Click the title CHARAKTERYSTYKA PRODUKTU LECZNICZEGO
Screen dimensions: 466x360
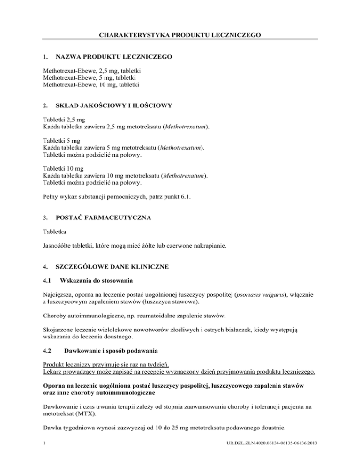pyautogui.click(x=180, y=34)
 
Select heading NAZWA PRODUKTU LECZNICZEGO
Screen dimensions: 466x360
pyautogui.click(x=113, y=57)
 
